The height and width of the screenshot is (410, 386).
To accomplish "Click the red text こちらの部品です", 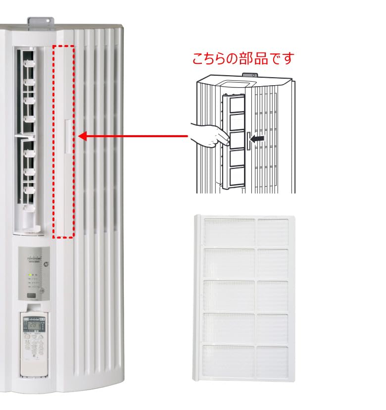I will [x=243, y=58].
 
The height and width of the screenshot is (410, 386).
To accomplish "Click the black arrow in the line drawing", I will [x=256, y=140].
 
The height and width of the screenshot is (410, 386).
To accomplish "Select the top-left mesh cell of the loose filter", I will [x=229, y=230].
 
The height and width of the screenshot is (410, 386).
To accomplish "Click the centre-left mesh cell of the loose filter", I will [x=229, y=296].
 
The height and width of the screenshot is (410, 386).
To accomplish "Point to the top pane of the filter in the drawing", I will [x=236, y=105].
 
